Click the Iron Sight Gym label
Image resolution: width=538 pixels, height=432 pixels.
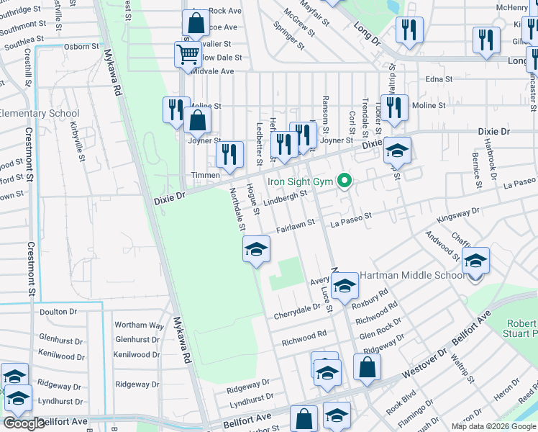(x=301, y=181)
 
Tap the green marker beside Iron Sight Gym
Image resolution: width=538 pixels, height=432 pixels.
(x=345, y=181)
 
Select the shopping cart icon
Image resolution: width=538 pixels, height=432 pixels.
(x=188, y=54)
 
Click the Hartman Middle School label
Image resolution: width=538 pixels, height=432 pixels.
(x=412, y=275)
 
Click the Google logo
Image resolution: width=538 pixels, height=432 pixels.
(x=24, y=423)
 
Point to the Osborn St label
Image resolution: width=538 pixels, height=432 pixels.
(x=81, y=46)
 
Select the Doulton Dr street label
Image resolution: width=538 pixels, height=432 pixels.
(x=58, y=311)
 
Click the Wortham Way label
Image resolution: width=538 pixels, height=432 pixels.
(x=140, y=325)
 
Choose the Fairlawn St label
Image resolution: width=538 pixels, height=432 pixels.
(x=296, y=227)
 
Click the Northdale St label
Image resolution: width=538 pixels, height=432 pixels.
(x=237, y=210)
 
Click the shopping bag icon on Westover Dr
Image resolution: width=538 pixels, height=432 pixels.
(x=367, y=367)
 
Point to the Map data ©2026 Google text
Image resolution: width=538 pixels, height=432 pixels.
(x=493, y=426)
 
